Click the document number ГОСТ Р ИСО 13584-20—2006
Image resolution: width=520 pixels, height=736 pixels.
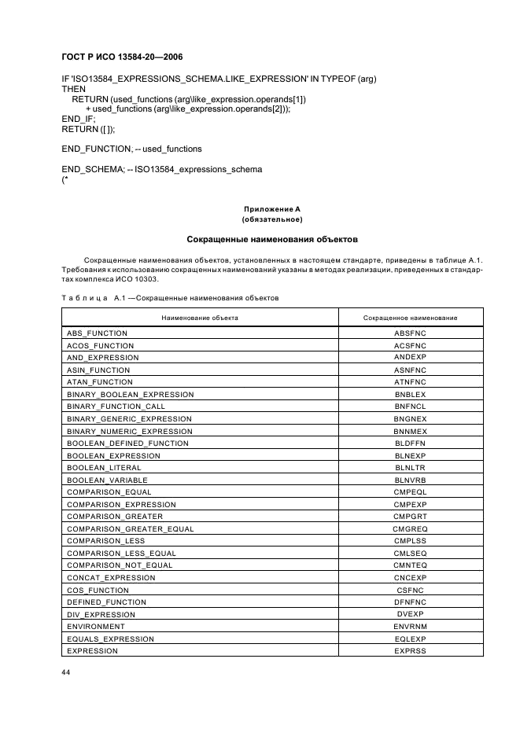pyautogui.click(x=122, y=57)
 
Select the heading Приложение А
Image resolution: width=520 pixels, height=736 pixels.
pyautogui.click(x=271, y=209)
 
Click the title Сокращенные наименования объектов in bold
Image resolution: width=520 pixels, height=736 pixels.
pyautogui.click(x=271, y=238)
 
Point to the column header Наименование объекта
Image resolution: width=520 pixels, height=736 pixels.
pyautogui.click(x=200, y=318)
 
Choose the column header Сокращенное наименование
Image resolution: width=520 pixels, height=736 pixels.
pyautogui.click(x=410, y=318)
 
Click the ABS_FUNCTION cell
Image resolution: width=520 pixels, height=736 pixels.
pyautogui.click(x=97, y=333)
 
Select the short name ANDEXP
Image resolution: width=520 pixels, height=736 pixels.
pyautogui.click(x=410, y=358)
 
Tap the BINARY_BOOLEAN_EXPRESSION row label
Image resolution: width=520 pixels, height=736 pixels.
pyautogui.click(x=130, y=394)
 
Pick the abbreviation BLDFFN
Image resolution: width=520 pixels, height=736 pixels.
pyautogui.click(x=410, y=443)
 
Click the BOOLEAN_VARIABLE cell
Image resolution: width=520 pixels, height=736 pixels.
pyautogui.click(x=107, y=480)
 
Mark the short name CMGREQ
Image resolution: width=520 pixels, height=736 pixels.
pyautogui.click(x=410, y=528)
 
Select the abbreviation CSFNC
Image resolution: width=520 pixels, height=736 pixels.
pyautogui.click(x=410, y=590)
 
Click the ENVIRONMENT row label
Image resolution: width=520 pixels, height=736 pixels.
pyautogui.click(x=95, y=627)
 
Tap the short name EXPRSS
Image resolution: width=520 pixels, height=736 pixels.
pyautogui.click(x=410, y=651)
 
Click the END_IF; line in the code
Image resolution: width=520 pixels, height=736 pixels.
pyautogui.click(x=78, y=119)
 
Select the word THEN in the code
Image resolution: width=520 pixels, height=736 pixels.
pyautogui.click(x=74, y=90)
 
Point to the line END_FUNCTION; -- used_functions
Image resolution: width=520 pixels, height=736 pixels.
pyautogui.click(x=131, y=149)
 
